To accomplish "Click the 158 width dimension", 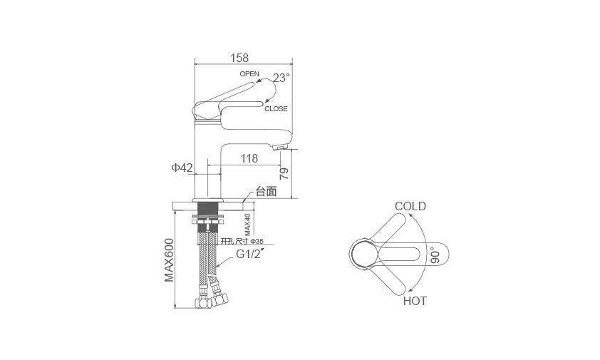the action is pos(239,58).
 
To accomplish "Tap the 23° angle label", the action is pos(281,78).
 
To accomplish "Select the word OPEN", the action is pos(249,73).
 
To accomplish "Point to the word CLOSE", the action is pos(276,109).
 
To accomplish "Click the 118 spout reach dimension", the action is pos(249,158).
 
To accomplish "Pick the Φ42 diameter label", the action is pos(182,168).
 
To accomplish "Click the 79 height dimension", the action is pos(284,173).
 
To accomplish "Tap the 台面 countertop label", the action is pos(266,191).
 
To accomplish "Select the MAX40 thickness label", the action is pos(247,225).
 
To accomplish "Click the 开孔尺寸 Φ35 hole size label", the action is pos(242,241).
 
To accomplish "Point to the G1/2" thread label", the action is pos(249,254).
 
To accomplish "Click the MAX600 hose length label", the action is pos(169,260).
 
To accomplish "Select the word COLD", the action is pos(410,206).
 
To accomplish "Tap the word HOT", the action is pos(415,301).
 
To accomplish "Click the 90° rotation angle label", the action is pos(435,255).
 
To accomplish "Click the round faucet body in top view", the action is pos(365,254).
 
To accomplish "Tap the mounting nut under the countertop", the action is pos(207,221).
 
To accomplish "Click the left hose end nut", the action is pos(203,303).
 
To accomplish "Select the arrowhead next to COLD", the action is pos(410,215).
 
